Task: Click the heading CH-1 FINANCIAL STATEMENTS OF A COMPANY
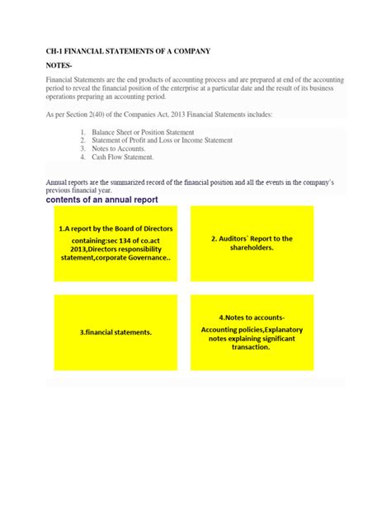[x=128, y=51]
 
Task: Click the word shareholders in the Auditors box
[x=252, y=248]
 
